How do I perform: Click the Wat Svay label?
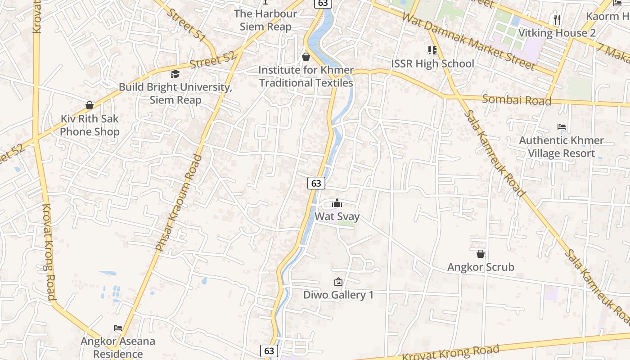click(x=337, y=216)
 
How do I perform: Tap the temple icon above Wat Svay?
click(x=337, y=203)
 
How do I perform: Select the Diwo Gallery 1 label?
click(x=338, y=295)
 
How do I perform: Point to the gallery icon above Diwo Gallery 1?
click(x=338, y=282)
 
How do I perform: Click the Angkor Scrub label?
click(x=481, y=267)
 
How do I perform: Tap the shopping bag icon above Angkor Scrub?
click(x=481, y=254)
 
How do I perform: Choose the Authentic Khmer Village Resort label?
click(x=561, y=147)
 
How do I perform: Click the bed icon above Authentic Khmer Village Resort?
click(x=561, y=127)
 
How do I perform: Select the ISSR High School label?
click(x=432, y=64)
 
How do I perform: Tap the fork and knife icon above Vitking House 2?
click(x=557, y=20)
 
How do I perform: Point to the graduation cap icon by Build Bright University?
click(x=175, y=74)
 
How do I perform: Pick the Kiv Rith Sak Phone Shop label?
click(x=90, y=125)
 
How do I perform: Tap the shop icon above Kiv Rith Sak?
click(x=90, y=105)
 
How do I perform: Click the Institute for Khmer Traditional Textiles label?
click(x=306, y=76)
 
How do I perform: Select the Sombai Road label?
click(x=516, y=99)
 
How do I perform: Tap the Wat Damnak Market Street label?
click(x=468, y=41)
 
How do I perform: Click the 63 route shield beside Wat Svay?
click(x=316, y=183)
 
